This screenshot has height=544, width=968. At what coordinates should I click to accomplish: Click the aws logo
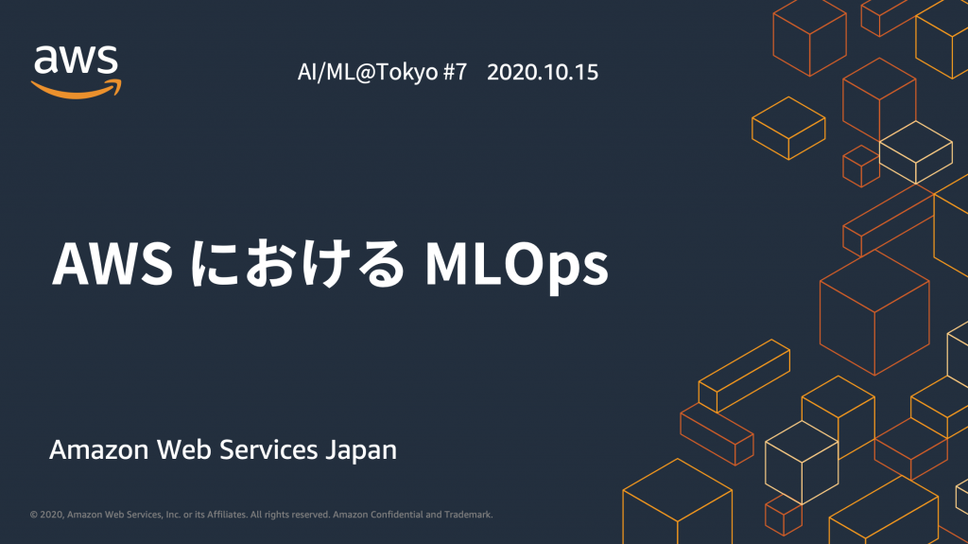click(x=77, y=72)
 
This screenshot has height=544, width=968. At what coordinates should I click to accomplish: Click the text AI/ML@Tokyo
click(x=368, y=72)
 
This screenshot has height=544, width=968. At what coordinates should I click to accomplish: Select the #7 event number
click(x=455, y=72)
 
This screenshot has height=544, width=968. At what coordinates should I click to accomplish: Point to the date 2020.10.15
click(x=543, y=72)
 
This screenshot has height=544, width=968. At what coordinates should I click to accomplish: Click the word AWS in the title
click(x=112, y=264)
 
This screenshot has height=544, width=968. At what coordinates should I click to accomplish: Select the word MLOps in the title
click(x=517, y=266)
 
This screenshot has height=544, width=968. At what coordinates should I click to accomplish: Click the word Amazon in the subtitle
click(x=98, y=449)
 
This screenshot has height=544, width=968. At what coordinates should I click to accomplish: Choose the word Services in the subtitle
click(x=268, y=449)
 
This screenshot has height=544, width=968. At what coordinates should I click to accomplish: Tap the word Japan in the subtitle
click(x=361, y=450)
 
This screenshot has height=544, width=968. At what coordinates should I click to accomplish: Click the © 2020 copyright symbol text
click(x=47, y=515)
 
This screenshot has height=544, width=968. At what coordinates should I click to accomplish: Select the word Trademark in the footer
click(x=468, y=515)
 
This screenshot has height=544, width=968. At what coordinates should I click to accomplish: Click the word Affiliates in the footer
click(x=227, y=515)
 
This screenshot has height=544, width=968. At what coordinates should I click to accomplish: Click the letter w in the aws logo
click(x=78, y=61)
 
